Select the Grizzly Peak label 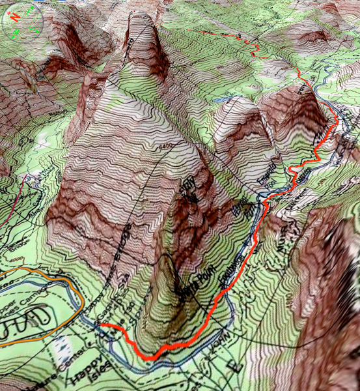point(189,189)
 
